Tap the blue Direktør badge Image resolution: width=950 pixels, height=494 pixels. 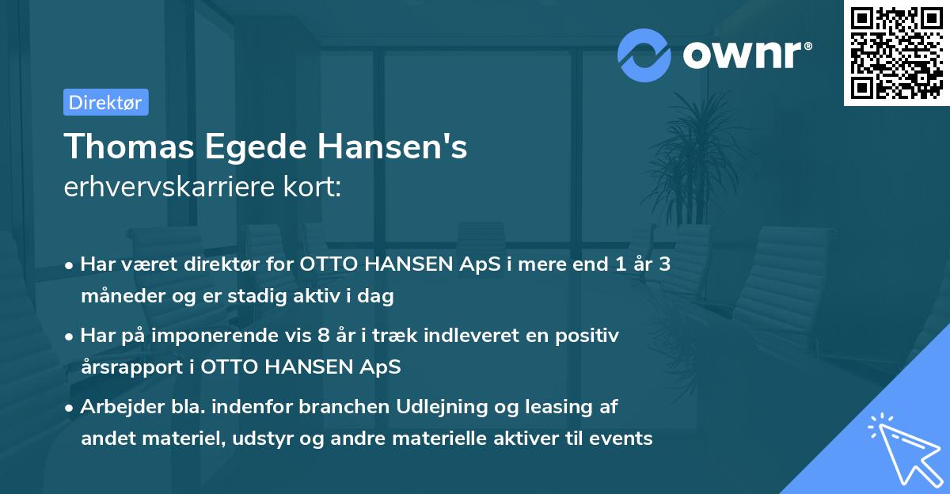105,102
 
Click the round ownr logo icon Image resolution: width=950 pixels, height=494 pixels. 644,55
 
